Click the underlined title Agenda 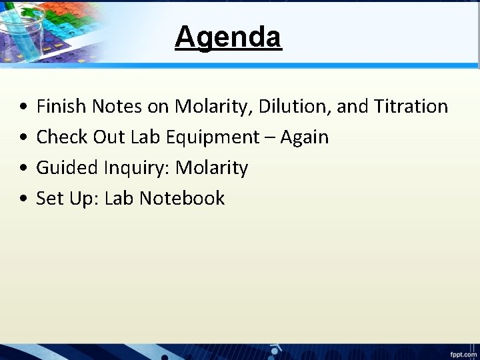228,37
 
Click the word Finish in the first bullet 59,106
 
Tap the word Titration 411,106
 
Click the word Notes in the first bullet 111,106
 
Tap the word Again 305,137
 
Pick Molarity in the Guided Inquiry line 211,168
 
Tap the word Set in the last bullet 47,198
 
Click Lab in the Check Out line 144,137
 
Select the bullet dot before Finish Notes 23,107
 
